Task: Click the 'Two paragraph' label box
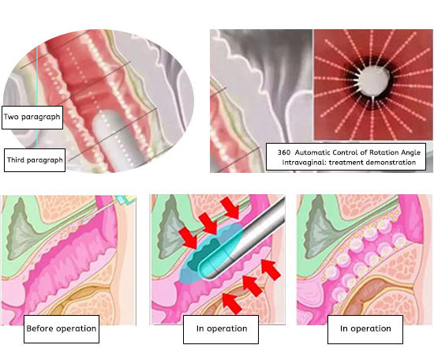pos(32,118)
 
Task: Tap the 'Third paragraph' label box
pos(35,160)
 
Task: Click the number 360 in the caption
pos(284,152)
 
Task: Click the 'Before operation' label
pos(62,329)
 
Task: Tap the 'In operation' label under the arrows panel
pos(221,329)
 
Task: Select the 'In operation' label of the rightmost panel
pos(365,329)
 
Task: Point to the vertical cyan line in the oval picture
pos(37,97)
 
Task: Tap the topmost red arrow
pos(230,208)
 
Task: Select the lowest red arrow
pos(232,303)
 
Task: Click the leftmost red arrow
pos(189,238)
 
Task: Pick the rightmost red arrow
pos(271,269)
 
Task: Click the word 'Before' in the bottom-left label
pos(40,328)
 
